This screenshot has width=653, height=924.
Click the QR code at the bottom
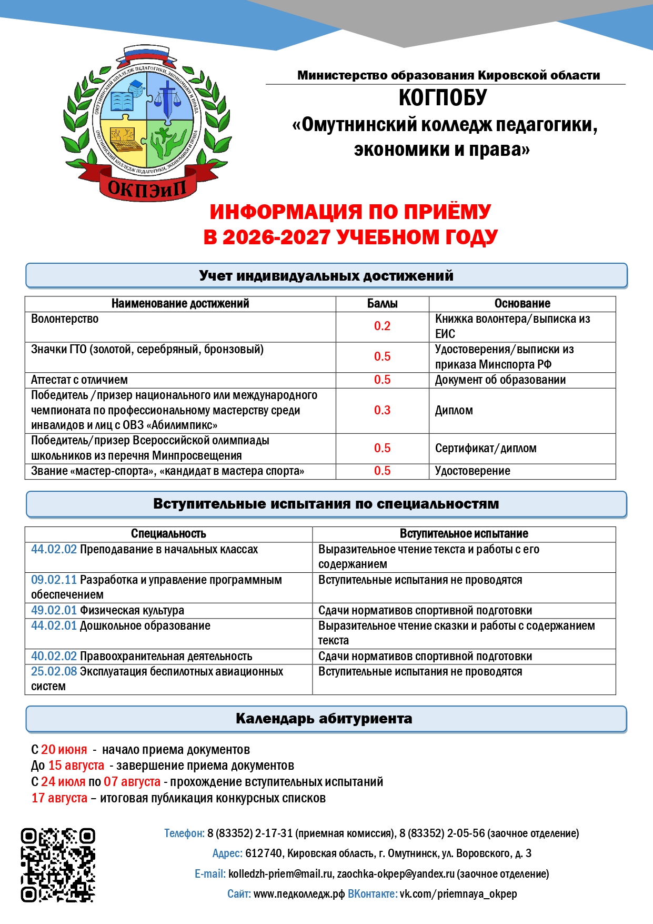(58, 865)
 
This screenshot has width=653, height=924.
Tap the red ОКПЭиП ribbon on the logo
(147, 187)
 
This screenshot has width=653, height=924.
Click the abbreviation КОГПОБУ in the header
(443, 98)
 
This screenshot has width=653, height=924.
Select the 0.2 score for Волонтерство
(382, 326)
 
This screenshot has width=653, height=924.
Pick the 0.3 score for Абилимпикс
(382, 411)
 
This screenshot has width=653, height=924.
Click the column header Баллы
(382, 304)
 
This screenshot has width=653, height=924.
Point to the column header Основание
(522, 304)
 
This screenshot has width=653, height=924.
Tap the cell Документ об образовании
(500, 380)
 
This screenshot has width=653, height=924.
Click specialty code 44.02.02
(54, 550)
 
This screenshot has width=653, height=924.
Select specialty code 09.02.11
(54, 580)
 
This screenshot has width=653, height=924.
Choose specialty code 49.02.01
(54, 611)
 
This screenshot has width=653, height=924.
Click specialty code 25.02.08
(54, 672)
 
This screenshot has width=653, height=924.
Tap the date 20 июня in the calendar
(64, 750)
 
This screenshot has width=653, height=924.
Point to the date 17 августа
(59, 798)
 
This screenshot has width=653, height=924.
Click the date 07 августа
(132, 782)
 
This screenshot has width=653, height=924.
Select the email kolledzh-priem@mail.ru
(280, 874)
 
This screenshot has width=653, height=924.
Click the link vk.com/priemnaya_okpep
(458, 894)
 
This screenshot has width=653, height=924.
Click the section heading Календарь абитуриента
(324, 719)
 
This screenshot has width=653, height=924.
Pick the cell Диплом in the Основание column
(454, 411)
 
